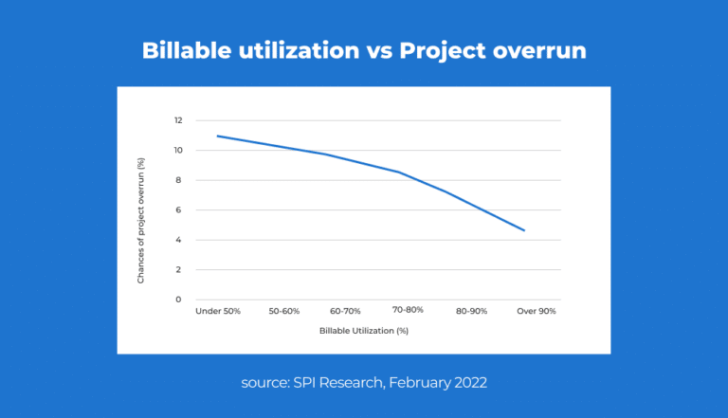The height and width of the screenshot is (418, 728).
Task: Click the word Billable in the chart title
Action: (x=183, y=50)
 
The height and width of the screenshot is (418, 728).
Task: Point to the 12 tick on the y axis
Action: (x=177, y=120)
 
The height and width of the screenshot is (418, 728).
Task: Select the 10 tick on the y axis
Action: (x=177, y=151)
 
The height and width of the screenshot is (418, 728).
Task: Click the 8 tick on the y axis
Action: (x=179, y=180)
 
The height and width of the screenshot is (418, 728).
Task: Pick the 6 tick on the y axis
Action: (x=179, y=209)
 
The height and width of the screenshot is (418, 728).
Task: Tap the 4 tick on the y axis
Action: (x=179, y=240)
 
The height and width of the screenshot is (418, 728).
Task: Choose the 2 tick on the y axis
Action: (x=179, y=269)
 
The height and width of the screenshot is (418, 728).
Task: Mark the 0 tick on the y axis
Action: (x=179, y=300)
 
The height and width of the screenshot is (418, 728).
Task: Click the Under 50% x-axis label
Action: (x=218, y=311)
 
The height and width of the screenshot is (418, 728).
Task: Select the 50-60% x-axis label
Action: (x=283, y=311)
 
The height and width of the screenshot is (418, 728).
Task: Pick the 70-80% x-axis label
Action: (x=407, y=310)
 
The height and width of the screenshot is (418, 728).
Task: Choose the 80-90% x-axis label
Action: (x=471, y=311)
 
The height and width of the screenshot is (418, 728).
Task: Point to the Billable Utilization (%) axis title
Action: (x=364, y=332)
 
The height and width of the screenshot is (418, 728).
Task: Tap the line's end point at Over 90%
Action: (x=524, y=230)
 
